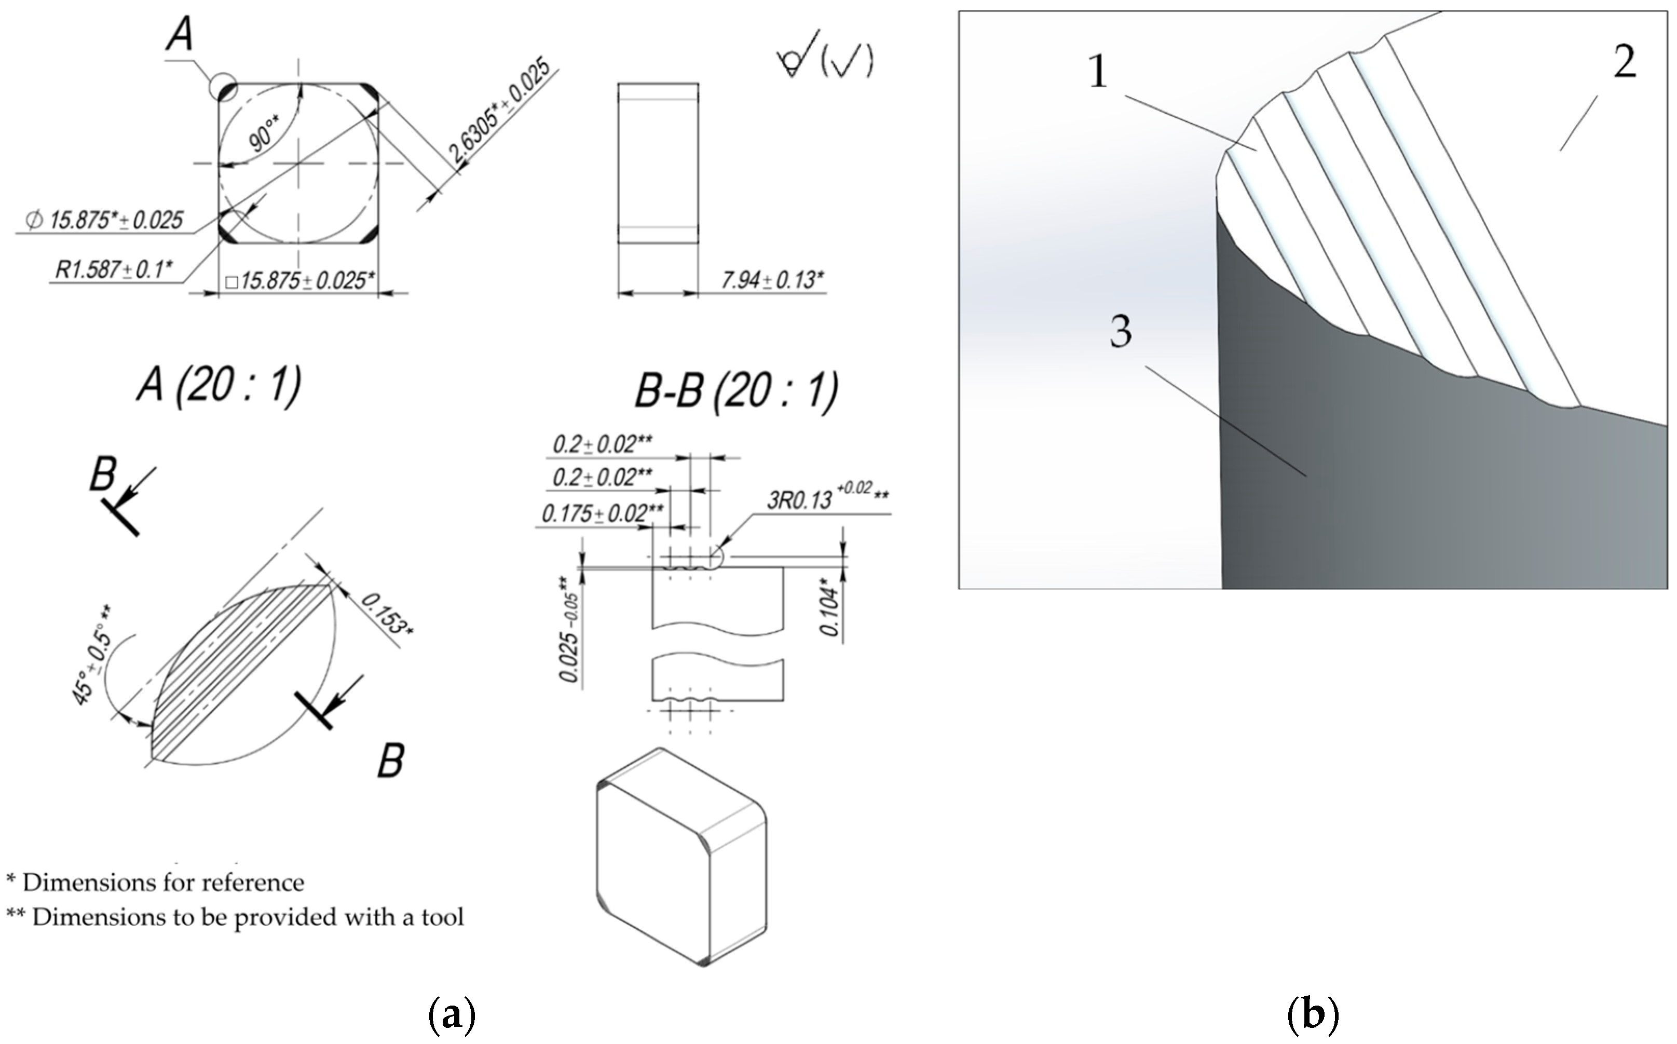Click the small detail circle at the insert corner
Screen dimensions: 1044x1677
click(x=223, y=89)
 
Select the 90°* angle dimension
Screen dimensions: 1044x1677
click(x=264, y=134)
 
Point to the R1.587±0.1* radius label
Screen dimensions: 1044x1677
click(x=114, y=269)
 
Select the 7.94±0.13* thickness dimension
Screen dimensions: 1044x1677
click(x=772, y=280)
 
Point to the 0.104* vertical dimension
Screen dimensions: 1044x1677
click(x=830, y=611)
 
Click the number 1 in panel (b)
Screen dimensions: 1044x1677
click(x=1098, y=71)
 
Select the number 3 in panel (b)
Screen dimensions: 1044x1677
click(x=1121, y=331)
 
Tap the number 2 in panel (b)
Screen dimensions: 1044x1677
click(x=1624, y=62)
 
